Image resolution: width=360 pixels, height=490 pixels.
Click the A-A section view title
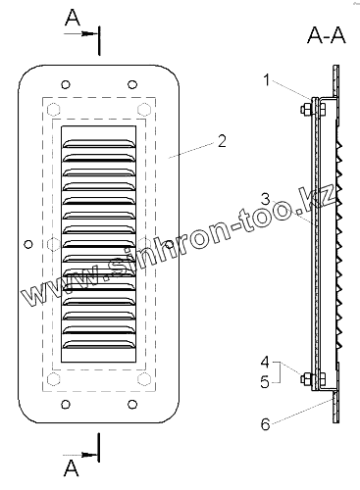(x=327, y=35)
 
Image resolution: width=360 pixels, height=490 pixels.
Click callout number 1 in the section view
(x=267, y=80)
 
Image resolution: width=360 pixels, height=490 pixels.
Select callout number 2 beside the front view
(x=222, y=141)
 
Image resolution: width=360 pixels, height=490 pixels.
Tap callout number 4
(x=265, y=362)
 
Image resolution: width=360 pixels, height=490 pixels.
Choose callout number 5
(x=265, y=381)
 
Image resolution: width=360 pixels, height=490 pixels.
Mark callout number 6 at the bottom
(x=265, y=424)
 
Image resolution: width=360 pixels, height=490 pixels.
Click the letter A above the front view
(x=73, y=18)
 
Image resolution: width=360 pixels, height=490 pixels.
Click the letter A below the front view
(x=72, y=468)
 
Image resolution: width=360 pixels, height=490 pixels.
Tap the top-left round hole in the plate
(x=66, y=84)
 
